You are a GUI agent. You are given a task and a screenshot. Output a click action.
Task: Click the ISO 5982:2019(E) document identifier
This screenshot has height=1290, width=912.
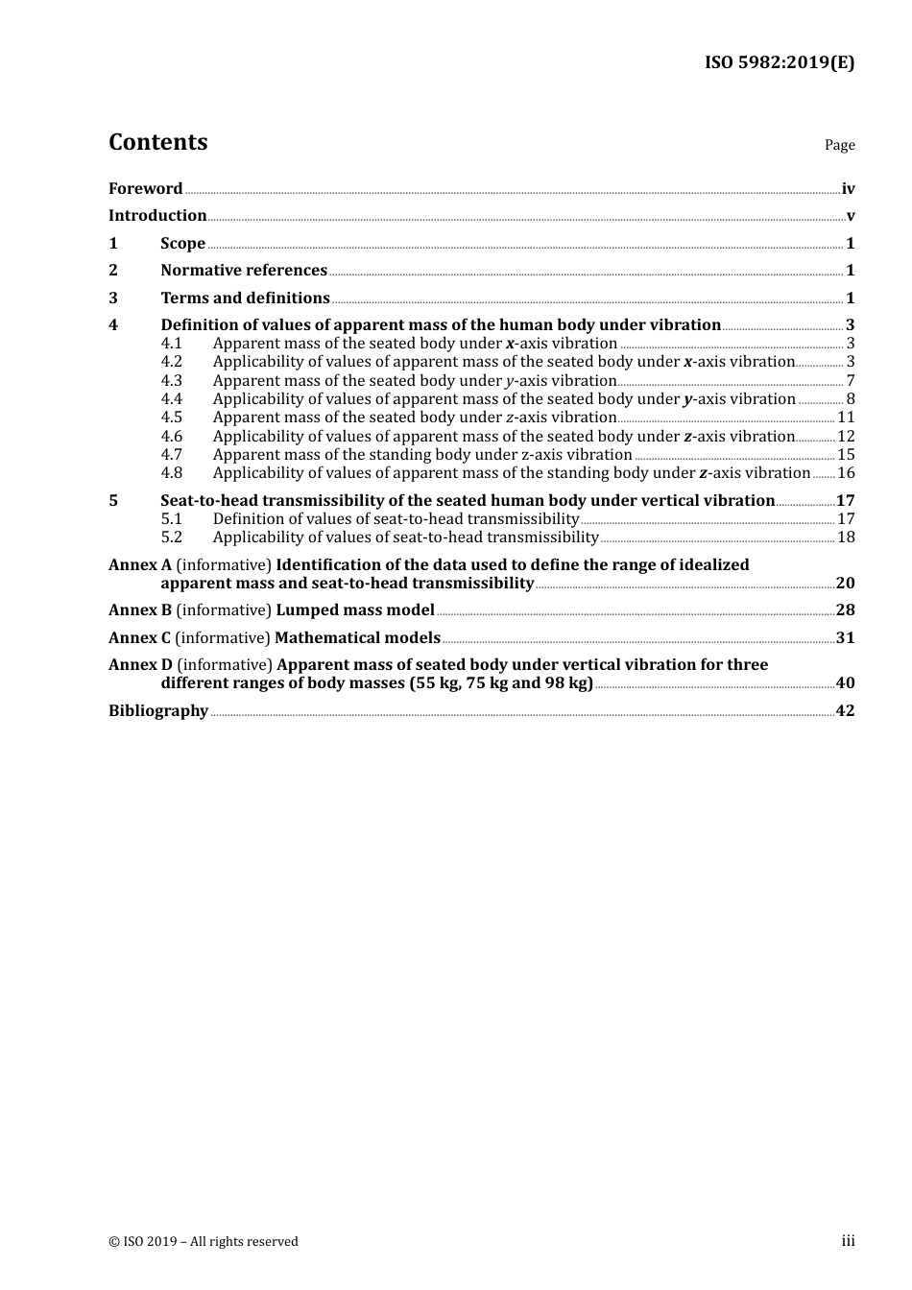click(x=779, y=62)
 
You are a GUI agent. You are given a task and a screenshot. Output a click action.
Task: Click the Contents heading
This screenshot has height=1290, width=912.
click(x=157, y=142)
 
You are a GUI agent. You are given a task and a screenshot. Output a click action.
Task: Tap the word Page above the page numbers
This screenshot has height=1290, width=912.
click(x=839, y=145)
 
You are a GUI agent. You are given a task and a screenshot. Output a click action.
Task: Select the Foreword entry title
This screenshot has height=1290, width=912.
click(x=145, y=189)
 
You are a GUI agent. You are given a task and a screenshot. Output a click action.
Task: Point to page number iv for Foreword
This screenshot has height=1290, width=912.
click(x=848, y=189)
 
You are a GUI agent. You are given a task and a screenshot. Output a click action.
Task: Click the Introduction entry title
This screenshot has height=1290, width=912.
click(x=157, y=216)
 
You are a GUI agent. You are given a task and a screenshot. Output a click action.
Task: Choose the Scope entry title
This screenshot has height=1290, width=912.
click(x=182, y=244)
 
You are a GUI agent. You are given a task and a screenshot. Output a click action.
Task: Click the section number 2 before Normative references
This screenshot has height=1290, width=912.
click(x=113, y=271)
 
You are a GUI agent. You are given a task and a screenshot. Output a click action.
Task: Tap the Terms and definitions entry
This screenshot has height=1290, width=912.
click(x=245, y=299)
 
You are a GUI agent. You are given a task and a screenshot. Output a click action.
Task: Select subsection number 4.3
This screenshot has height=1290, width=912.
click(x=171, y=381)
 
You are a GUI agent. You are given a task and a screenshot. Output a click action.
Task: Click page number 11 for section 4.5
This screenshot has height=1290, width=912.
click(x=846, y=418)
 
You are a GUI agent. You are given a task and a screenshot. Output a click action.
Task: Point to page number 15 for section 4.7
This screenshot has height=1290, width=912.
click(x=846, y=455)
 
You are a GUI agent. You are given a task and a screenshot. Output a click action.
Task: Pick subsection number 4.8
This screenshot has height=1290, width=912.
click(x=171, y=473)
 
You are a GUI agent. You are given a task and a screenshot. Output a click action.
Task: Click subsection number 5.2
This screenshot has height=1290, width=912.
click(x=171, y=537)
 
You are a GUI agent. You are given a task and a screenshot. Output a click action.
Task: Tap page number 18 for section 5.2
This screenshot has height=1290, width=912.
click(x=846, y=537)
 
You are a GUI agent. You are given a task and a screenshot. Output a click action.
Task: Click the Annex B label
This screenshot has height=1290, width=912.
click(x=140, y=610)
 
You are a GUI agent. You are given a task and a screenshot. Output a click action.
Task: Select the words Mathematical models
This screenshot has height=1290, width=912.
click(x=357, y=638)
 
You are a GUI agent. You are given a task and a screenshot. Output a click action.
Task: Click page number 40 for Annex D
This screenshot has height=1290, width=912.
click(x=845, y=683)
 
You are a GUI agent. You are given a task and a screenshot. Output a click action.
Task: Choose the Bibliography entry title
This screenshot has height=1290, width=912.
click(x=158, y=711)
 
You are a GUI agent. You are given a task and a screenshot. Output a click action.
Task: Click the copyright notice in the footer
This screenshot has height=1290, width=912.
click(x=204, y=1242)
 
